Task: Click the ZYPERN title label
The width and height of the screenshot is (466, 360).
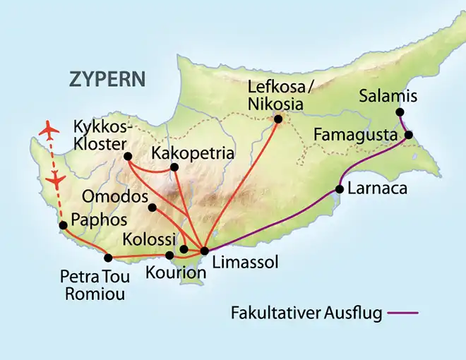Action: (x=107, y=78)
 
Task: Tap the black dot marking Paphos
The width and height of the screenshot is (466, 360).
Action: (x=63, y=225)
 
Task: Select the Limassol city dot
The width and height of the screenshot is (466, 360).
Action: (x=204, y=251)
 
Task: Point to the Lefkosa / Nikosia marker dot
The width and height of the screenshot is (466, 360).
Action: (x=277, y=120)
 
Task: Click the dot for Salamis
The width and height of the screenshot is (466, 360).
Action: (x=400, y=112)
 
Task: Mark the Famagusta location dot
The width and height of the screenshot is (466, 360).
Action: (x=408, y=134)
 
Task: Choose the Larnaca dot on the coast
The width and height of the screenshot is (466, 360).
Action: (x=340, y=188)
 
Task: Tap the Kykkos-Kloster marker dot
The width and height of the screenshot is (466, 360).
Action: (x=128, y=156)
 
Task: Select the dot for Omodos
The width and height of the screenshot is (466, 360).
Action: (x=152, y=207)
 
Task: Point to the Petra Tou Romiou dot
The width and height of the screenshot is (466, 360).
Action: (x=108, y=258)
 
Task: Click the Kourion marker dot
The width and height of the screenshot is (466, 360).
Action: (x=169, y=256)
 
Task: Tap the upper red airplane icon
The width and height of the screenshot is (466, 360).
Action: (x=49, y=131)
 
